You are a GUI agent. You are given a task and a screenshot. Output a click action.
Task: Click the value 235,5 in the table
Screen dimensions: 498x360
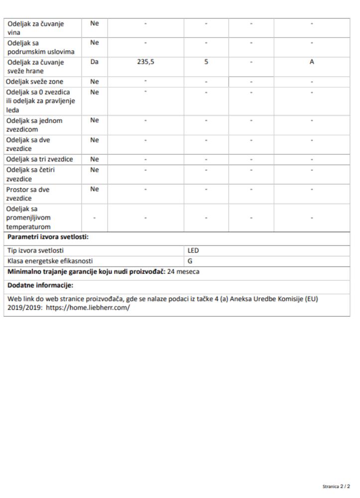tap(145, 63)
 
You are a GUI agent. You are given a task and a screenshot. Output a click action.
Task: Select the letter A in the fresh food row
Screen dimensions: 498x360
tap(311, 63)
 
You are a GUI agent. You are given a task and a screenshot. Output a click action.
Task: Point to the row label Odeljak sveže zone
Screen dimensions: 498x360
tap(35, 82)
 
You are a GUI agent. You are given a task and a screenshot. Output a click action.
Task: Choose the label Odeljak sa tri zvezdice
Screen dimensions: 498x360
tap(39, 159)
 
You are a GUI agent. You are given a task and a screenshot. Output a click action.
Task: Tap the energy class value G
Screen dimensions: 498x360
tap(190, 260)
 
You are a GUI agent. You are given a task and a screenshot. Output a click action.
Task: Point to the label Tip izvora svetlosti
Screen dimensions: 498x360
tap(36, 250)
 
